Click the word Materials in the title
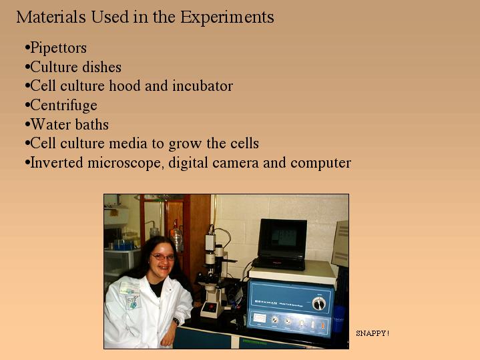51,17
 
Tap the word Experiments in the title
227,17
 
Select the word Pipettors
59,48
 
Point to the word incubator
203,85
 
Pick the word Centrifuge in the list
63,106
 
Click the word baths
92,124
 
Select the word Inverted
57,162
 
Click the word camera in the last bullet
236,163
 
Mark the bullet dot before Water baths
27,124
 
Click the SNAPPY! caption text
373,333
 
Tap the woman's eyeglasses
163,256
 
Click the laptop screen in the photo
283,239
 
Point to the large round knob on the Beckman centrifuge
319,303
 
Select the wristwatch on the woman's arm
176,321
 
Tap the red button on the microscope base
210,307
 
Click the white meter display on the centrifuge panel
259,318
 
